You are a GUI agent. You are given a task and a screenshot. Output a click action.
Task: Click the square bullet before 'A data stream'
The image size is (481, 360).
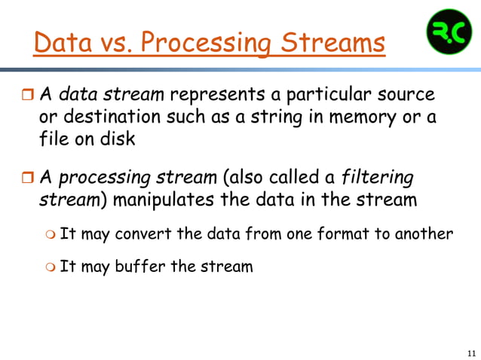(x=26, y=96)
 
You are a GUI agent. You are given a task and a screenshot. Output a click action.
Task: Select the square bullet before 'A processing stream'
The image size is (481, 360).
(x=26, y=178)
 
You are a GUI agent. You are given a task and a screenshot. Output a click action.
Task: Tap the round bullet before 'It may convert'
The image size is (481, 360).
(x=49, y=234)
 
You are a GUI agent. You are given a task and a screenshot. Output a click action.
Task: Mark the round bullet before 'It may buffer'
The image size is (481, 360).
(x=49, y=267)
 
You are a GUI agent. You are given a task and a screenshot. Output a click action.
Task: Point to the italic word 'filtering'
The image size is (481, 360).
(x=378, y=178)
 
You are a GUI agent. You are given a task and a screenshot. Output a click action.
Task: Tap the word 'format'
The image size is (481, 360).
(x=339, y=233)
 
